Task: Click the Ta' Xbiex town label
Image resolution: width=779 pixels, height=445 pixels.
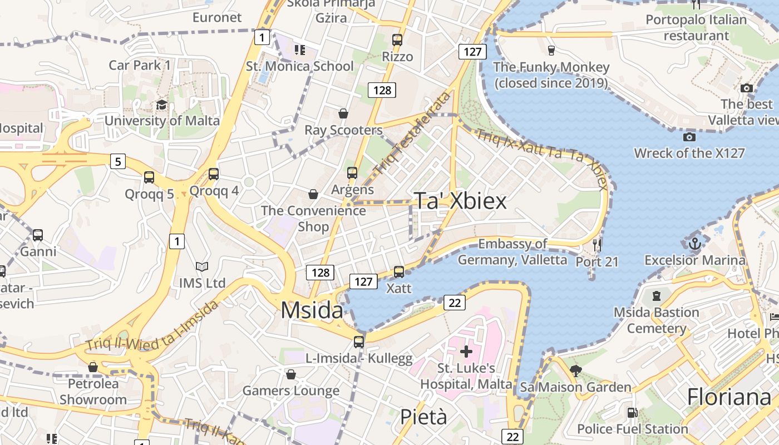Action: coord(460,201)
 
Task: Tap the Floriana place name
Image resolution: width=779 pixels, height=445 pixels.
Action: coord(729,397)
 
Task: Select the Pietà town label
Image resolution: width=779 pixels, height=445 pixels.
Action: coord(423,417)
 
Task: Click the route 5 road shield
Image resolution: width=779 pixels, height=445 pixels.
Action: coord(117,162)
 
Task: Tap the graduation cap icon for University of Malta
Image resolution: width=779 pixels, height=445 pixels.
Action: coord(161,105)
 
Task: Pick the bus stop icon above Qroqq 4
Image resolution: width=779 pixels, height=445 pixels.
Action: coord(214,174)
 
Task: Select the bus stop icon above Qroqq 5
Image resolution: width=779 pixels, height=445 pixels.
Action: coord(149,177)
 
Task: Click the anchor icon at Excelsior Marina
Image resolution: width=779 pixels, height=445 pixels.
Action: coord(694,244)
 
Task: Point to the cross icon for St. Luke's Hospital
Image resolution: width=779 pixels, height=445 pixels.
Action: coord(466,352)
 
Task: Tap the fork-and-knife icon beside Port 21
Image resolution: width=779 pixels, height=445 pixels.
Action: coord(597,245)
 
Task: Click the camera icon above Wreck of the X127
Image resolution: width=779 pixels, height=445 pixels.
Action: coord(689,137)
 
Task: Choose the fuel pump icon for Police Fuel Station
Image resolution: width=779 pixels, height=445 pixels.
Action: coord(632,413)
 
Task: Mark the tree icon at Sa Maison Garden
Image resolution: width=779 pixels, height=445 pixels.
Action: coord(575,370)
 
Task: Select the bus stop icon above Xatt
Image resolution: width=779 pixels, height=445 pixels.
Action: coord(399,272)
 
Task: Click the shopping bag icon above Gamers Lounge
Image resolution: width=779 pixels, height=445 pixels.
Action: coord(290,374)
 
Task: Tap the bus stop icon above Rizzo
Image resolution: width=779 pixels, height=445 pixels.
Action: coord(397,40)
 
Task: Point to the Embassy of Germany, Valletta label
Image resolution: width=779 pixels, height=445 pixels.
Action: coord(512,251)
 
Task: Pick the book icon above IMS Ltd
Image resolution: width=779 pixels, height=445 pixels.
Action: coord(202,267)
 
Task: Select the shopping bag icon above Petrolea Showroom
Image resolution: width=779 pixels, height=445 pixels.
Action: coord(93,367)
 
